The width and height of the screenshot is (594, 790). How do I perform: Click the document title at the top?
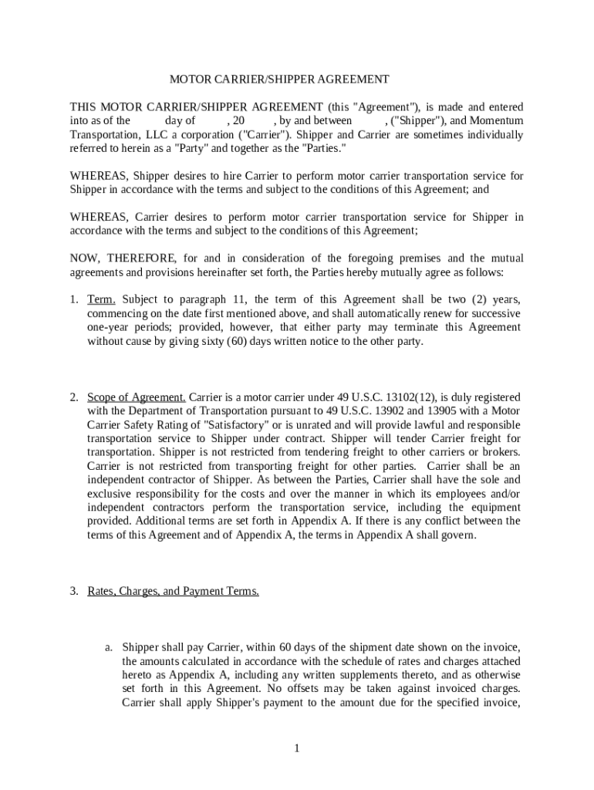point(279,79)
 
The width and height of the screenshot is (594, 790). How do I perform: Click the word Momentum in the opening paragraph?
point(496,120)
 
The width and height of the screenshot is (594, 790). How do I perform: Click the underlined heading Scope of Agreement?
point(137,397)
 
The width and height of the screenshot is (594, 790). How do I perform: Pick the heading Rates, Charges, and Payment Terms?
point(173,592)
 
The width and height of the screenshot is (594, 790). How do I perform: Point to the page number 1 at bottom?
point(296,748)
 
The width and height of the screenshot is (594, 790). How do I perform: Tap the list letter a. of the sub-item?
point(110,647)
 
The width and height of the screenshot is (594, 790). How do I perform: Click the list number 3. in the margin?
point(74,592)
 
